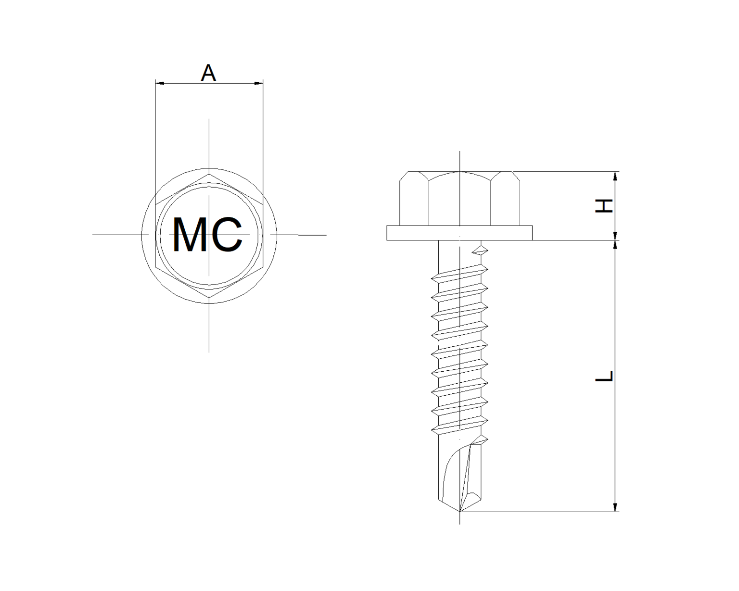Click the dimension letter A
[x=208, y=73]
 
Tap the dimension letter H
[x=604, y=206]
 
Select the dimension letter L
[x=604, y=376]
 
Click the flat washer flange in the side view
[x=459, y=233]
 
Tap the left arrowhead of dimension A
[x=159, y=84]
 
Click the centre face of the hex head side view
[x=459, y=200]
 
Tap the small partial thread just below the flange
[x=480, y=250]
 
